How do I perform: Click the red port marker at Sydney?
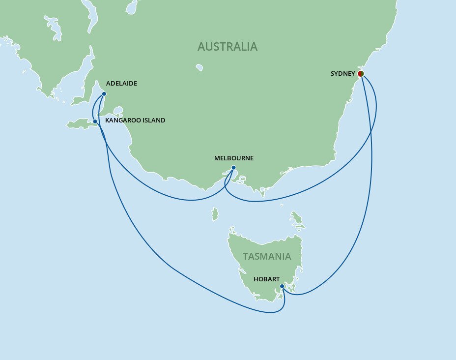pos(360,74)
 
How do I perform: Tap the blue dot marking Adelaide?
pos(104,94)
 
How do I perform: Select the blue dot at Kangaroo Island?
pos(95,121)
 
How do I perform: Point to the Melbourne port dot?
pos(233,168)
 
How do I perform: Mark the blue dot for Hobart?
pos(282,286)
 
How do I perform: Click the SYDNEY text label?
pos(342,74)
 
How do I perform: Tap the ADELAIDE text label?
pos(121,84)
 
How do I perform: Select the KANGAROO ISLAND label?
pos(135,120)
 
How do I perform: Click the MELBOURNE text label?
pos(234,158)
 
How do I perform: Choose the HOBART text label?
pos(267,279)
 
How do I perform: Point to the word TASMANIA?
pos(266,256)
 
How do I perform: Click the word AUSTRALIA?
pos(227,47)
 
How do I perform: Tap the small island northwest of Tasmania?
pos(215,214)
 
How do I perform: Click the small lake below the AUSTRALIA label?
pos(199,67)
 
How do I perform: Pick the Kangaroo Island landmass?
pos(81,124)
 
